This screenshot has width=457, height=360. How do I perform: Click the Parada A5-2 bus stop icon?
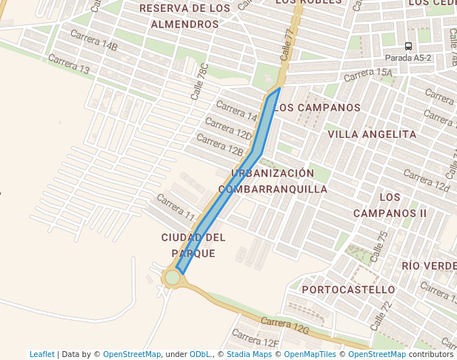pos(408,46)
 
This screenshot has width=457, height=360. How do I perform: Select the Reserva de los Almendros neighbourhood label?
pos(184,16)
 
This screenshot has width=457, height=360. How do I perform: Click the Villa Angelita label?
pos(372,134)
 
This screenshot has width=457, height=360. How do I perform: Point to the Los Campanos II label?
pos(390,205)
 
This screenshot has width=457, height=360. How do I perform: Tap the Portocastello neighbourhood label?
pos(349,289)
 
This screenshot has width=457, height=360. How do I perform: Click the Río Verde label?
pos(429,265)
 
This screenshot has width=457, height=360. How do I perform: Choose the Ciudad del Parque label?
pos(193,245)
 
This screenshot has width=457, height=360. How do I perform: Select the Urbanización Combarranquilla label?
pos(273,181)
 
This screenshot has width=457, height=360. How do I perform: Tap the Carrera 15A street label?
pos(367,73)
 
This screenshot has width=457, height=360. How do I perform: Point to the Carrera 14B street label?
pos(93,40)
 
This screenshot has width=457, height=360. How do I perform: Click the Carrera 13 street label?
pos(68,64)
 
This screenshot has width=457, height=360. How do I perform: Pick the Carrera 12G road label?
pos(284,324)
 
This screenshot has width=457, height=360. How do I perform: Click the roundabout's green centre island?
pos(173,277)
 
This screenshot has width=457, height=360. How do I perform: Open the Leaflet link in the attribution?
pos(42,354)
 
